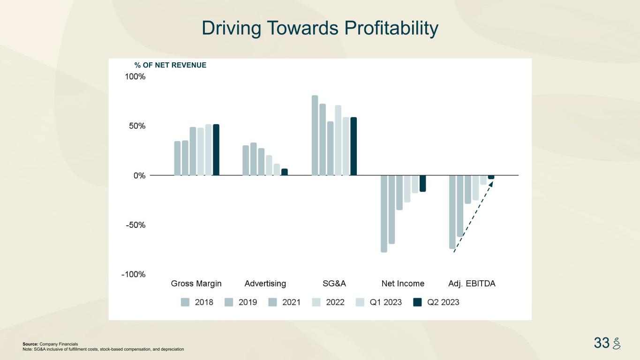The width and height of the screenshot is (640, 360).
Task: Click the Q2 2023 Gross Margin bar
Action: pyautogui.click(x=216, y=150)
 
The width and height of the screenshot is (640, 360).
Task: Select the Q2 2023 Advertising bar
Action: pyautogui.click(x=285, y=172)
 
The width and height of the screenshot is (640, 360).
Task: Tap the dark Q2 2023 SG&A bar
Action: pyautogui.click(x=354, y=146)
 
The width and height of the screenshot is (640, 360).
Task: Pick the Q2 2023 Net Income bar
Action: pyautogui.click(x=422, y=183)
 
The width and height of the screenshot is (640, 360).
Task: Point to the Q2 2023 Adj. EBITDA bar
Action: pyautogui.click(x=491, y=177)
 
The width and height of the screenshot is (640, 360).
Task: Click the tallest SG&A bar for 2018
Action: pyautogui.click(x=315, y=135)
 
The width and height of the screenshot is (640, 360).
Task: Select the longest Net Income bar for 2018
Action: pyautogui.click(x=384, y=214)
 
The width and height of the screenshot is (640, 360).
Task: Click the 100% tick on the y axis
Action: pyautogui.click(x=135, y=77)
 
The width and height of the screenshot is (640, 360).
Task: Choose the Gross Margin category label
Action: pyautogui.click(x=196, y=284)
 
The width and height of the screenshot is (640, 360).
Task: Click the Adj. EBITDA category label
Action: pyautogui.click(x=472, y=284)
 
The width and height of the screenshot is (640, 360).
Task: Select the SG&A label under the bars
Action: pyautogui.click(x=334, y=284)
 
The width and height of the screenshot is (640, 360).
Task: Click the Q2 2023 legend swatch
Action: pyautogui.click(x=417, y=302)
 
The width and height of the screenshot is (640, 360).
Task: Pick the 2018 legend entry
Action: pyautogui.click(x=197, y=302)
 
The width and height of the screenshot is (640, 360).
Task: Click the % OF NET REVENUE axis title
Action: pyautogui.click(x=170, y=65)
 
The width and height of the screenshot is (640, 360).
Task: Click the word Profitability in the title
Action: pyautogui.click(x=391, y=28)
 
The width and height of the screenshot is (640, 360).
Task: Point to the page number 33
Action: pyautogui.click(x=602, y=343)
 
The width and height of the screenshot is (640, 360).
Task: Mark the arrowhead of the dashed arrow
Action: pyautogui.click(x=491, y=183)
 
